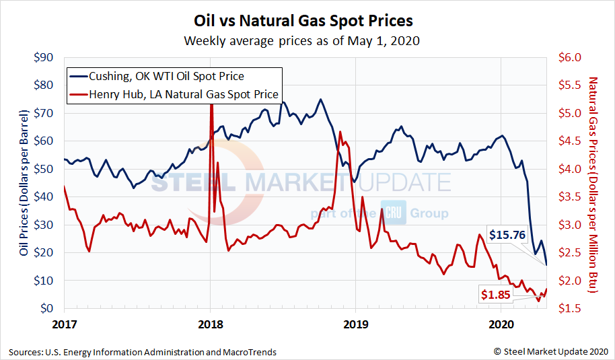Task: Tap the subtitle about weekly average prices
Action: [x=303, y=41]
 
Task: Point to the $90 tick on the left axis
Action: [x=44, y=57]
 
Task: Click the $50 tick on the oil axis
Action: [x=44, y=169]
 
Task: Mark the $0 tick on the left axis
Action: [x=48, y=308]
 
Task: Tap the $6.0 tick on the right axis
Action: [x=570, y=57]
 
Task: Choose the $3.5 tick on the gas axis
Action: [x=570, y=196]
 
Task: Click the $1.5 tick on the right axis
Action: [x=570, y=308]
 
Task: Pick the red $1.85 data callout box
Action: [x=495, y=293]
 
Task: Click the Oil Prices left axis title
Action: [x=24, y=183]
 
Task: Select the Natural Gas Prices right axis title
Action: [x=593, y=183]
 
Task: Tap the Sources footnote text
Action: [x=143, y=351]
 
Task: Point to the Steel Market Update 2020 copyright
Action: [x=550, y=351]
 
